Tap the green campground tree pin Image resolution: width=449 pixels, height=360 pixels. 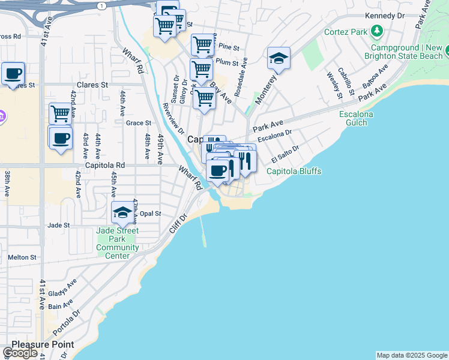tap(377, 30)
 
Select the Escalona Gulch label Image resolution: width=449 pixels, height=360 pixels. tap(356, 118)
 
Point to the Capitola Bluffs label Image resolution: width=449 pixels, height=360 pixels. tap(294, 171)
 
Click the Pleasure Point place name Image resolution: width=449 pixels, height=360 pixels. tap(43, 344)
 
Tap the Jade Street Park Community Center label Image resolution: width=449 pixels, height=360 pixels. tap(118, 243)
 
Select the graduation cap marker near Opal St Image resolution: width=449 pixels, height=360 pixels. tap(122, 212)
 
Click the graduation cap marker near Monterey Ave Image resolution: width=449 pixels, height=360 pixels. tap(279, 58)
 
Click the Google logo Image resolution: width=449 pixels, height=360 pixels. tap(20, 353)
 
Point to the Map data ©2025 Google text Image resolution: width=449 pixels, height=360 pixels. tap(411, 355)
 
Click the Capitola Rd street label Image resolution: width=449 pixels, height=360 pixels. tap(104, 165)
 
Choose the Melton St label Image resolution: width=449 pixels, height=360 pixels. tap(22, 257)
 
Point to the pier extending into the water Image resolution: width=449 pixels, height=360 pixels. tap(202, 231)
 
